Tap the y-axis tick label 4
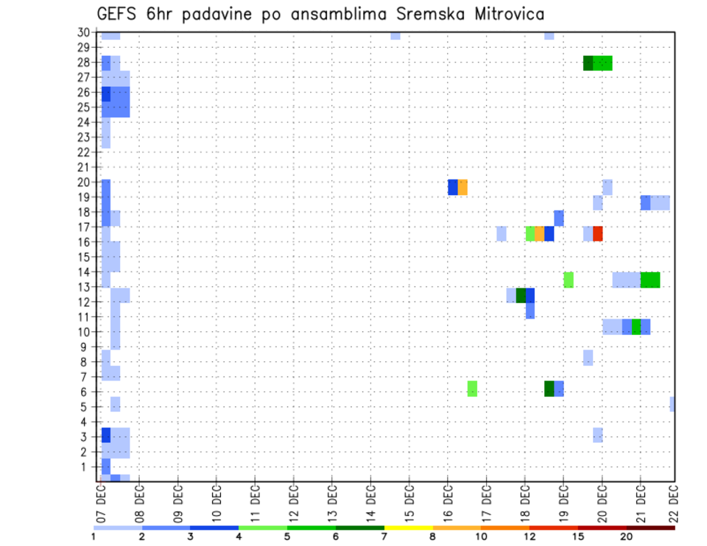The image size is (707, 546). coord(86,422)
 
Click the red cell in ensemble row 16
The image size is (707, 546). coord(598,233)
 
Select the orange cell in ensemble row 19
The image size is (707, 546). coord(462,188)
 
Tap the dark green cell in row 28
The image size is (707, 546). coord(588,63)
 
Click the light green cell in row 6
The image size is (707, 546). coord(472,389)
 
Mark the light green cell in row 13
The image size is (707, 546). coord(569,280)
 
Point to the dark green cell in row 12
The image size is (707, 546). coord(521,295)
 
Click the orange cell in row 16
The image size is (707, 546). coord(540,233)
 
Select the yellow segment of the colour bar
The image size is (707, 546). coord(408,528)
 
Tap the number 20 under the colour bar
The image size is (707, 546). coord(627,537)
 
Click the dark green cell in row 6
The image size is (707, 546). coord(549,389)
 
